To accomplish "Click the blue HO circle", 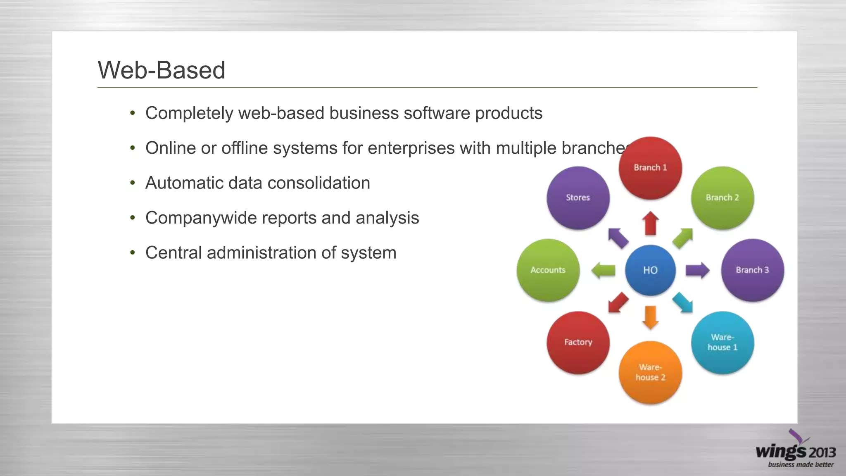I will [x=650, y=270].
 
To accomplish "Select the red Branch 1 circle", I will [x=650, y=168].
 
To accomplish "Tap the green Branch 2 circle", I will [x=722, y=198].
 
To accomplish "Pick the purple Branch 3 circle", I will [x=752, y=270].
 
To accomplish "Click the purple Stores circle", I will [x=578, y=198].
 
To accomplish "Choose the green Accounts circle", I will [x=548, y=270].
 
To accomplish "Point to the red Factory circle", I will [x=578, y=343].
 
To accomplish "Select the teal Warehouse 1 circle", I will [x=722, y=343].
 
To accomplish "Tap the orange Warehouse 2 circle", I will [x=650, y=372].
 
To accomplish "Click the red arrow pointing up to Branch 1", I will [x=651, y=223].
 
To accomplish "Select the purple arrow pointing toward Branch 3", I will [x=697, y=271].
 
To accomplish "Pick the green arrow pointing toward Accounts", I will [x=604, y=271].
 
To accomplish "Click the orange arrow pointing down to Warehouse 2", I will [x=651, y=317].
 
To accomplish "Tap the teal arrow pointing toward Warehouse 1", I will [x=683, y=303].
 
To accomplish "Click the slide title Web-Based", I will [x=162, y=70].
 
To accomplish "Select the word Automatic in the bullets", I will [x=184, y=183].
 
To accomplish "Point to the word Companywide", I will [x=196, y=218].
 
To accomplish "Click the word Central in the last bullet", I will [x=173, y=253].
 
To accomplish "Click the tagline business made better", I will [x=801, y=465].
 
